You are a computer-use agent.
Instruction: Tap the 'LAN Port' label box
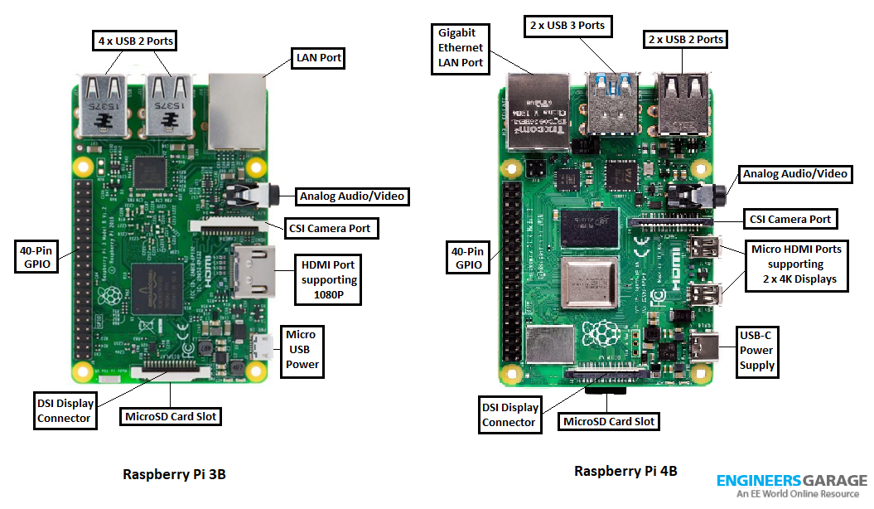click(319, 59)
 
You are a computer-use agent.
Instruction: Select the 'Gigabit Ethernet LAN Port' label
click(461, 48)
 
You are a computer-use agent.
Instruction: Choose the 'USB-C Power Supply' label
click(756, 350)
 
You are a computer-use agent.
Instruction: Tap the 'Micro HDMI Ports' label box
click(795, 264)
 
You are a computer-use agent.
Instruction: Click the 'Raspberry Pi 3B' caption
click(174, 474)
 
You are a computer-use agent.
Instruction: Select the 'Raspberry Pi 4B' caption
click(625, 471)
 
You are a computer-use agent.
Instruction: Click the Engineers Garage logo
click(791, 486)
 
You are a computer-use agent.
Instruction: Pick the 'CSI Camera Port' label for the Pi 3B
click(332, 228)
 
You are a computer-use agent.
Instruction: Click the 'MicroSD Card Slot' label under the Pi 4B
click(609, 421)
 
